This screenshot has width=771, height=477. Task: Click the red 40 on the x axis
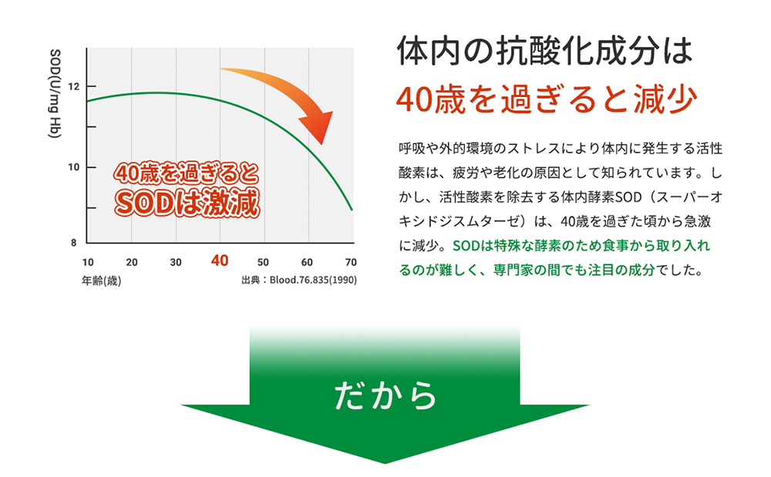tap(220, 260)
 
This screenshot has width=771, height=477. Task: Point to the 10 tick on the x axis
tap(88, 262)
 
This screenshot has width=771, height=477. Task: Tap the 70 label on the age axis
tap(351, 262)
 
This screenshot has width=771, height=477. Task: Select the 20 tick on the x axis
tap(132, 262)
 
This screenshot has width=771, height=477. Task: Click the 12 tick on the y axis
tap(73, 87)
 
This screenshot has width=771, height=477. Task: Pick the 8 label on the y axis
tap(74, 243)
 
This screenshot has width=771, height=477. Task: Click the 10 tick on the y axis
tap(73, 167)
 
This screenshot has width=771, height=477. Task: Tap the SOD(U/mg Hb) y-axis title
tap(55, 93)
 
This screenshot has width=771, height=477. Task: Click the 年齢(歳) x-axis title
tap(101, 280)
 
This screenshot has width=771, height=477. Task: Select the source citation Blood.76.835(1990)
tap(313, 280)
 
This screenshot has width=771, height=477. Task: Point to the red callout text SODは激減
tap(187, 203)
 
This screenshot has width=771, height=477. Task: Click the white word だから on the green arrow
tap(385, 395)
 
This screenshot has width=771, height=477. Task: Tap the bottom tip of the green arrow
tap(385, 463)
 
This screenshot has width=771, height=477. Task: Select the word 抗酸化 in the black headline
tap(545, 51)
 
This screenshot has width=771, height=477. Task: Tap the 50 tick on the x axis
tap(263, 262)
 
